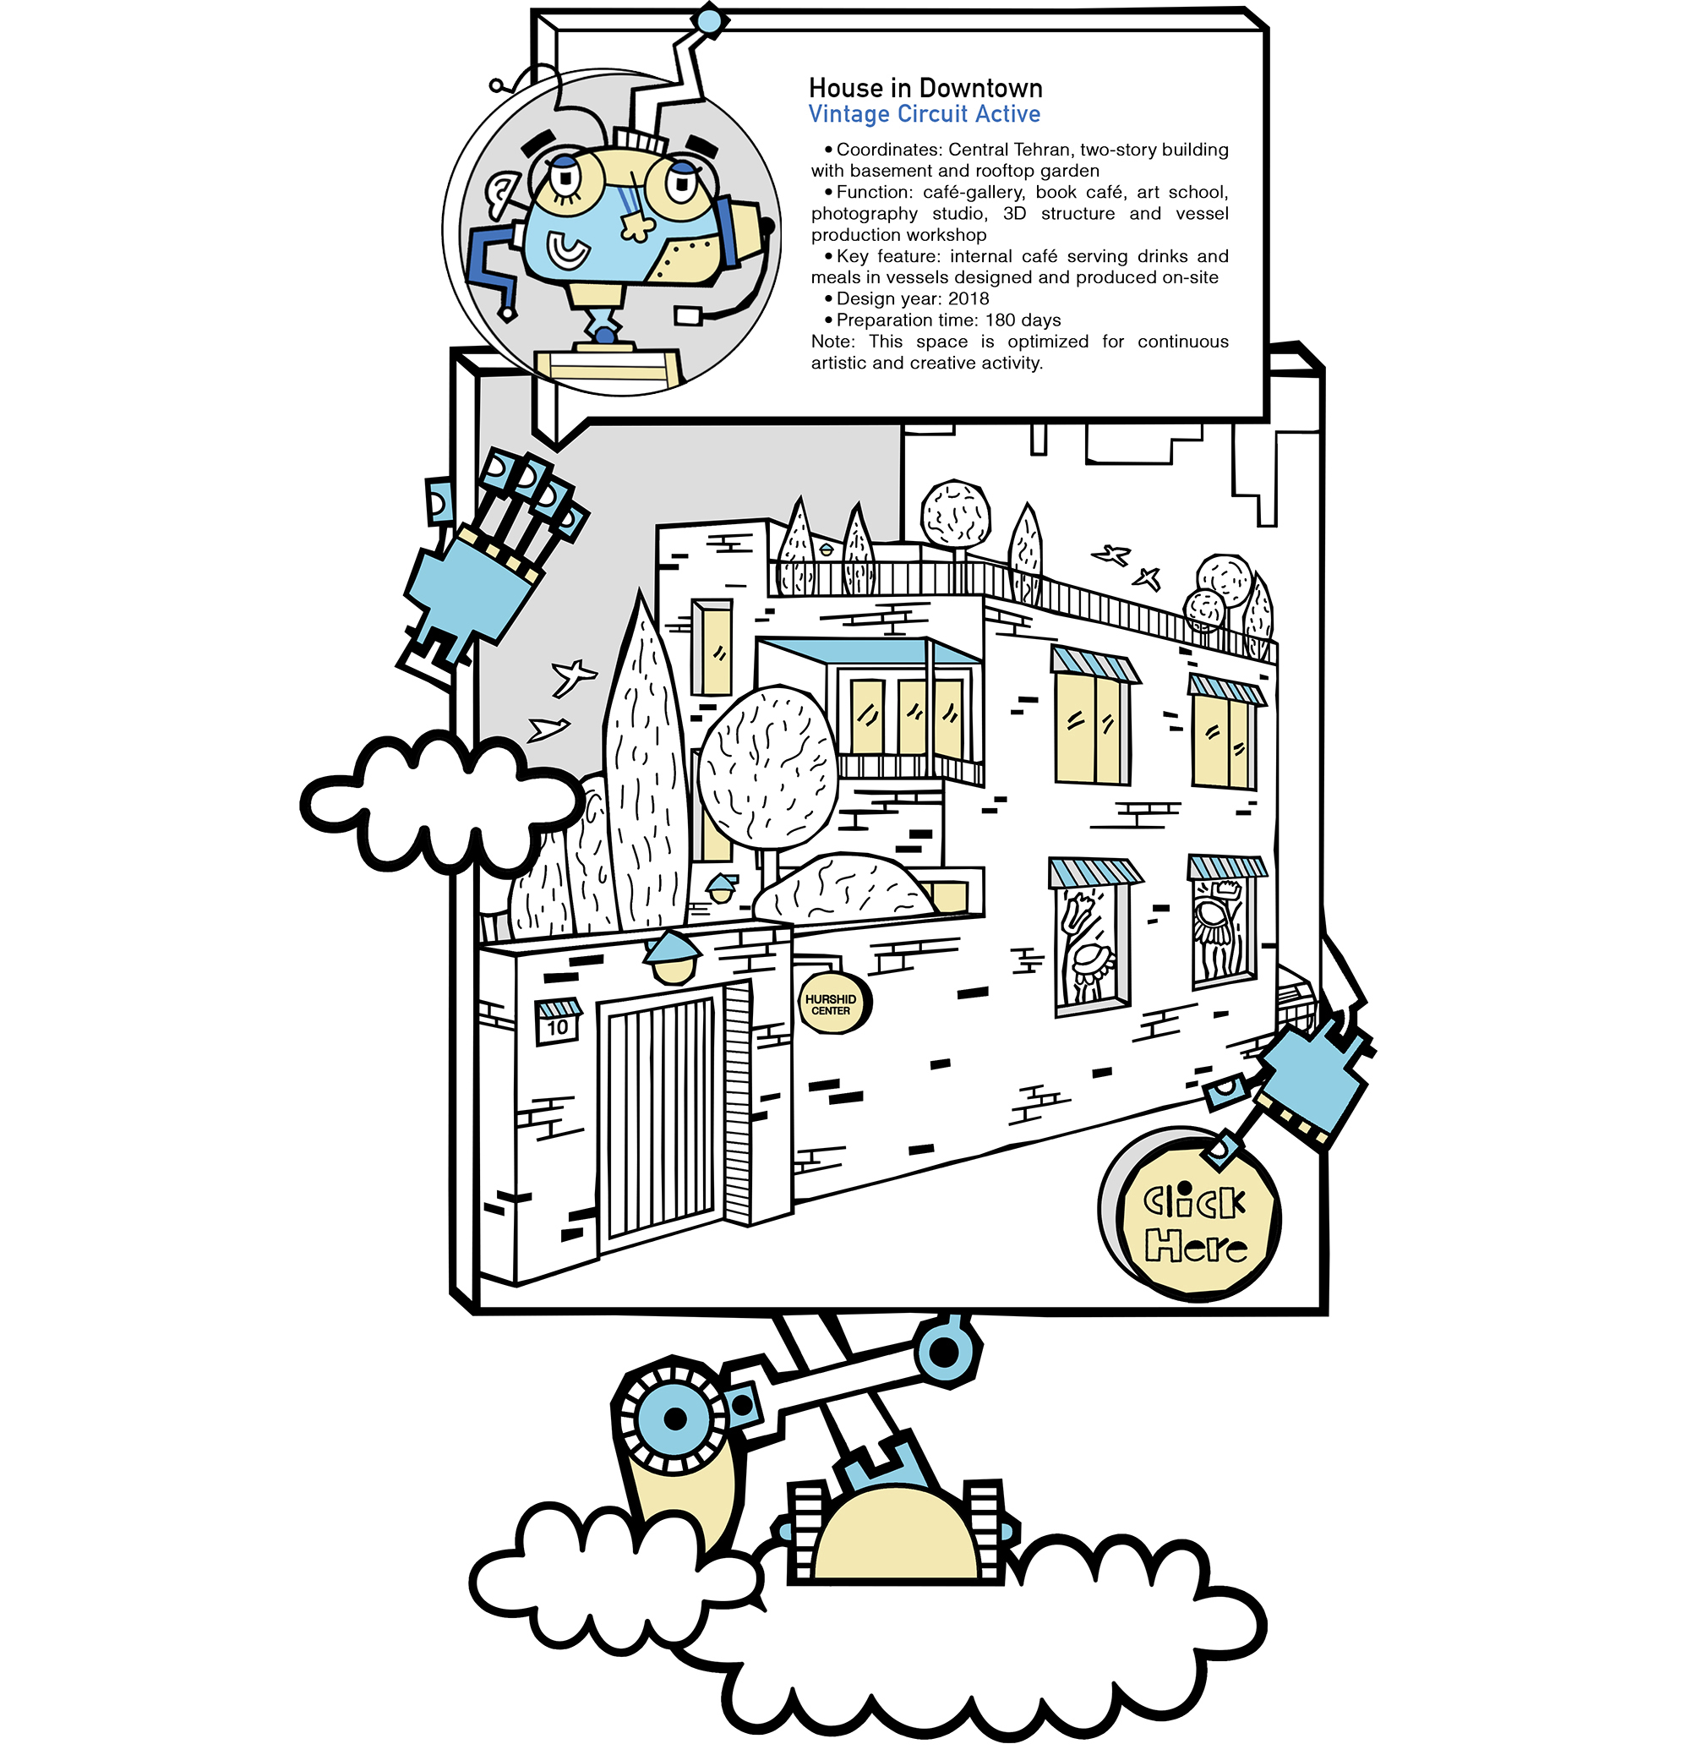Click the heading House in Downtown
925,89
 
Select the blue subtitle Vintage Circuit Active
925,115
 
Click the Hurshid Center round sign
832,1004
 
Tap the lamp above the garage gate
673,956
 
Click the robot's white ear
499,194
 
